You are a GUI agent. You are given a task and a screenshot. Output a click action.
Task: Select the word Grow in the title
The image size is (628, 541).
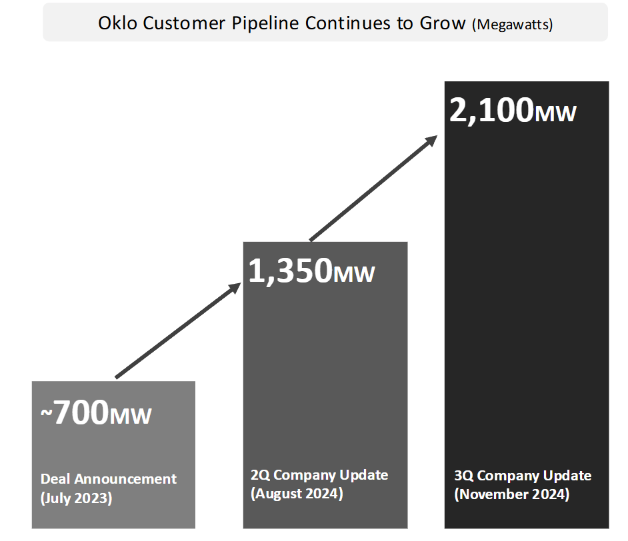[x=443, y=23]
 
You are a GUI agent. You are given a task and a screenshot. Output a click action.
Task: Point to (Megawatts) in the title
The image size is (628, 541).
[x=512, y=24]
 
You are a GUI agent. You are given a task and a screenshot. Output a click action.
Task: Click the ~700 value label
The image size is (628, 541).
[x=74, y=413]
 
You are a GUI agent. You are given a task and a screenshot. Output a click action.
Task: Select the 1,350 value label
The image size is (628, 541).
[x=290, y=270]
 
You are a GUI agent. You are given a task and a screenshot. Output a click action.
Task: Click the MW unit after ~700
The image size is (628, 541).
[x=131, y=416]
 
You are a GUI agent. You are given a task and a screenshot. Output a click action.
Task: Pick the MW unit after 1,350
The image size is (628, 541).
[x=354, y=274]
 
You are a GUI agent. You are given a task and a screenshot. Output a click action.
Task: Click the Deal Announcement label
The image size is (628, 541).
[x=109, y=479]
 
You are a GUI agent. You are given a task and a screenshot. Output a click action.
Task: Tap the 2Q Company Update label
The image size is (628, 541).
[x=319, y=475]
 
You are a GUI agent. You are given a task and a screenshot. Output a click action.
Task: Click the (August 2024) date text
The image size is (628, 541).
[x=297, y=494]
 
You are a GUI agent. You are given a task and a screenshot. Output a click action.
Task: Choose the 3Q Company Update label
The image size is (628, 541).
[x=523, y=476]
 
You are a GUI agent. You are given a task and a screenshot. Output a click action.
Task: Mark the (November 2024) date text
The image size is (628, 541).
[x=512, y=494]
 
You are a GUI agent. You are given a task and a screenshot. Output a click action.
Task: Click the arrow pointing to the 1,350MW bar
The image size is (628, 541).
[x=177, y=331]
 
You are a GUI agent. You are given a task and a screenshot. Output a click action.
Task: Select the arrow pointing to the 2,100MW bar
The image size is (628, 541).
[x=373, y=188]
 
